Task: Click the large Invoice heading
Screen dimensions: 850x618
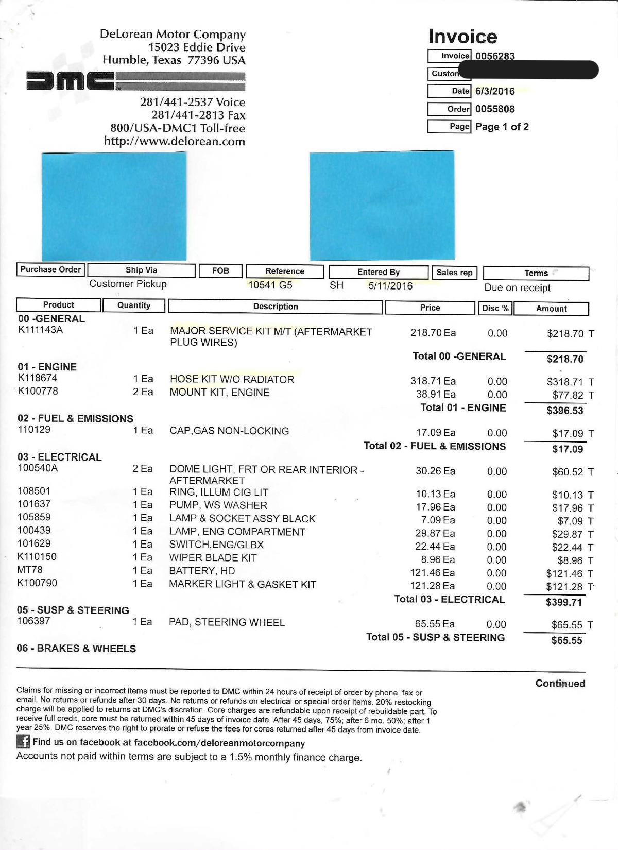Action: click(462, 37)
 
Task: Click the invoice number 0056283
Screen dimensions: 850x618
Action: click(495, 56)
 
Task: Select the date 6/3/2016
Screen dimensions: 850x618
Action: click(495, 91)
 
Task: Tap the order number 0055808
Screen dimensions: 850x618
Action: click(495, 109)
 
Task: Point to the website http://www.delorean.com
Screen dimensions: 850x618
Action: click(174, 141)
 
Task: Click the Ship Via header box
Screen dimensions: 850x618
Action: click(141, 270)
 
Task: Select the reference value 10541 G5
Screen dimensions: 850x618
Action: click(270, 285)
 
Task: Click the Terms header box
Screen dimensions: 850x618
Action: click(536, 273)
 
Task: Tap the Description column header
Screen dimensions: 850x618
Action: click(276, 307)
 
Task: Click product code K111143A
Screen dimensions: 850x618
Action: click(40, 330)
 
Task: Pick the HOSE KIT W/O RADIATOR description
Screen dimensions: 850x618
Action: click(232, 380)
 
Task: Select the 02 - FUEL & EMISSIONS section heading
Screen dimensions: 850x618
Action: click(75, 419)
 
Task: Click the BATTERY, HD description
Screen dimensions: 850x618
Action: click(202, 571)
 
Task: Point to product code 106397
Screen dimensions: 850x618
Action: click(33, 621)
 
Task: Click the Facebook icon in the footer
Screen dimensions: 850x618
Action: click(23, 741)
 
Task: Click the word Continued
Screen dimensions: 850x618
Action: click(560, 684)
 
